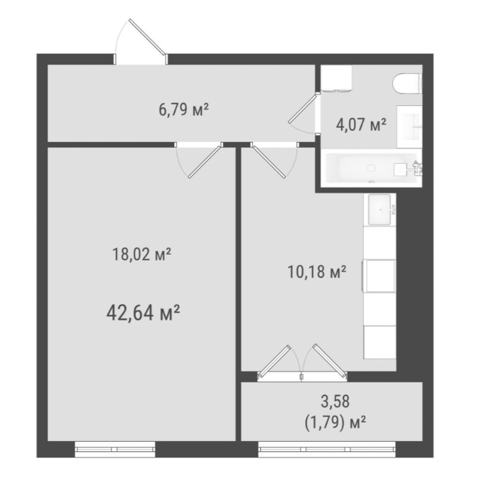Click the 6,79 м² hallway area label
coord(184,110)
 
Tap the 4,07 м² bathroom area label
coord(361,124)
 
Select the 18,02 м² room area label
coord(142,254)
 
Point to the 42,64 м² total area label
coord(143,313)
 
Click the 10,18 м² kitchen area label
coord(317,272)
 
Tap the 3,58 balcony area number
coord(335,401)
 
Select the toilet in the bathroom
coord(407,83)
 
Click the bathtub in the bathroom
coord(371,168)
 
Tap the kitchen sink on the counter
coord(379,209)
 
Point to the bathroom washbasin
coord(409,126)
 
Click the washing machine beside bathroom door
coord(336,78)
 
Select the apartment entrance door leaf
coord(148,37)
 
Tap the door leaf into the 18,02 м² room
coord(204,162)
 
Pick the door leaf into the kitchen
coord(269,162)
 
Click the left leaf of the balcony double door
coord(274,360)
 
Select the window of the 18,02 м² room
coord(115,449)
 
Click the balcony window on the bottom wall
coord(327,449)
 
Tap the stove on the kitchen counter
coord(379,276)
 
